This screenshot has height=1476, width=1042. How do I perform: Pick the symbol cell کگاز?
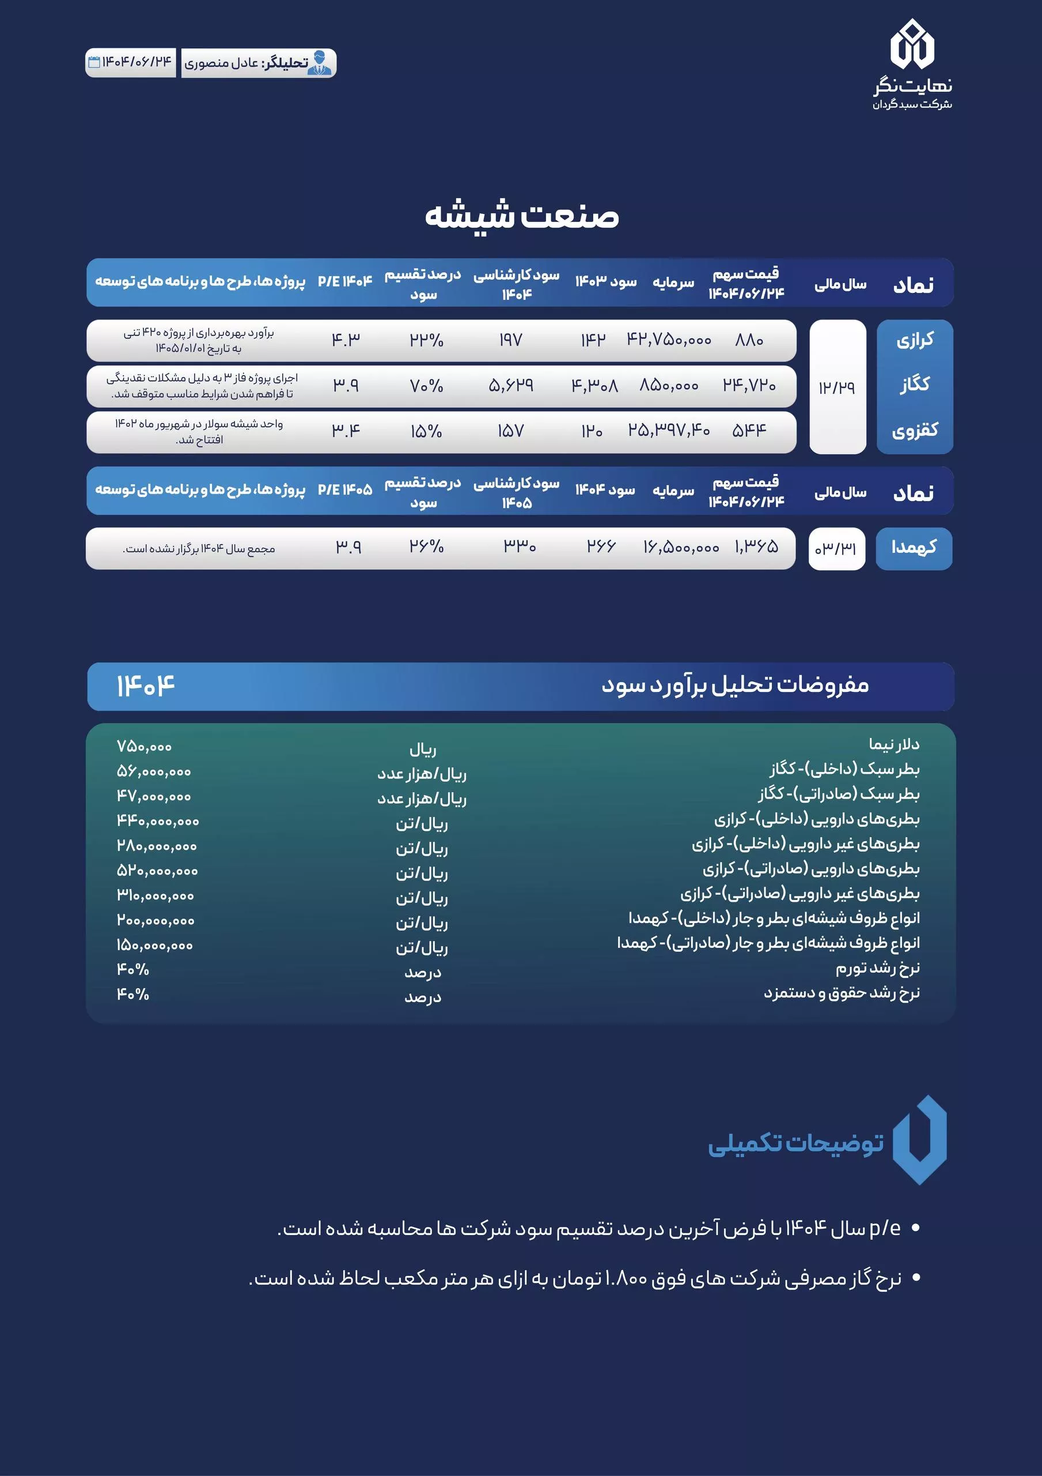[915, 385]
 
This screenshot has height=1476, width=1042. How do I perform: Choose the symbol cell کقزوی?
[915, 430]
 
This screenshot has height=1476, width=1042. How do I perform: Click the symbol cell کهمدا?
[914, 548]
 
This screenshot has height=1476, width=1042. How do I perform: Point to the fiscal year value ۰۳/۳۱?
[836, 548]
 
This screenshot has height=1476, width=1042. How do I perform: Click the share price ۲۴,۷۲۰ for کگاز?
[749, 385]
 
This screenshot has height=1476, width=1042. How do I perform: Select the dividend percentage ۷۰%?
[427, 386]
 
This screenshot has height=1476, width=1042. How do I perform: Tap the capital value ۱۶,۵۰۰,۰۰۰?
[681, 548]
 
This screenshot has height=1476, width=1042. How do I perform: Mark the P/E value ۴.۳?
[346, 340]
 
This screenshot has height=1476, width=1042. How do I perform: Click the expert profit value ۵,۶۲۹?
[511, 385]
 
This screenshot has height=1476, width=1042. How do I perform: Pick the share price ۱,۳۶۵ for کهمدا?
[756, 547]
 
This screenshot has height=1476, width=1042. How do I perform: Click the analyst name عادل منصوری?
[222, 63]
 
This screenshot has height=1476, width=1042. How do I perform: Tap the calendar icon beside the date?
[94, 62]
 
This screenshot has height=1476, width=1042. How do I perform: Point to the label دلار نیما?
[893, 744]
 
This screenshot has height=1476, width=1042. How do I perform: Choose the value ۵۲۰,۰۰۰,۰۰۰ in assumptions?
[157, 871]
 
